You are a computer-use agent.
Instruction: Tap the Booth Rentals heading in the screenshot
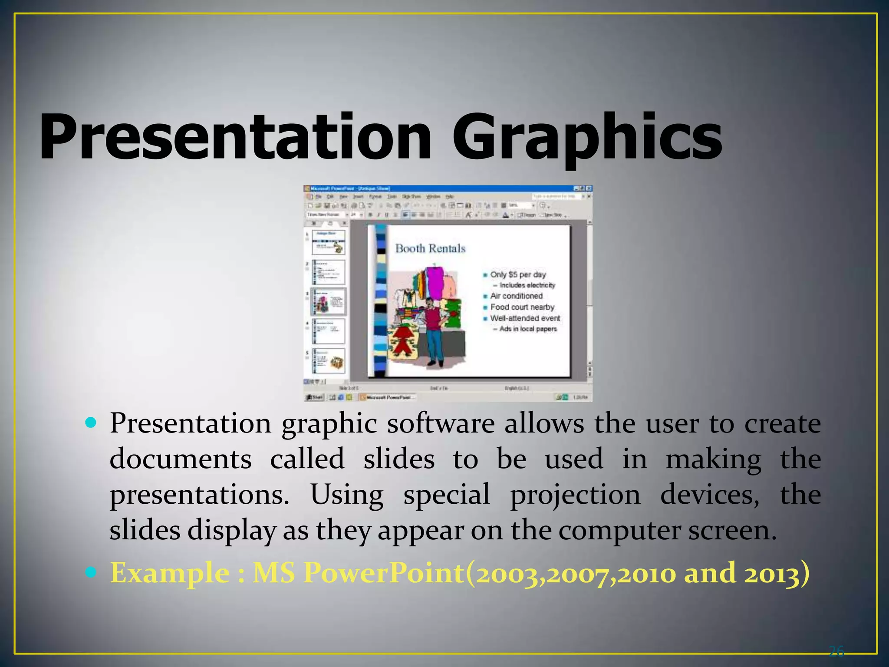(430, 248)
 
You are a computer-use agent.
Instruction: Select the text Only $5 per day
(518, 274)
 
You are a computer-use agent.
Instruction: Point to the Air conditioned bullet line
(516, 296)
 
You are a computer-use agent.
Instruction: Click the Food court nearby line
(522, 307)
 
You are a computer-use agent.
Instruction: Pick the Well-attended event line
(525, 318)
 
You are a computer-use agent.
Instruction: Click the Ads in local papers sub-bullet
(527, 329)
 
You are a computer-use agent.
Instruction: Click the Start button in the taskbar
(315, 397)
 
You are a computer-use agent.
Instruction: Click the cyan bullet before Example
(91, 572)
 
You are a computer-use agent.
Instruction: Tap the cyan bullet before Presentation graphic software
(91, 423)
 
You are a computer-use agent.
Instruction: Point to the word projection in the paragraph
(575, 495)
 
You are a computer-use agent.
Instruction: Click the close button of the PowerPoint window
(589, 188)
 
